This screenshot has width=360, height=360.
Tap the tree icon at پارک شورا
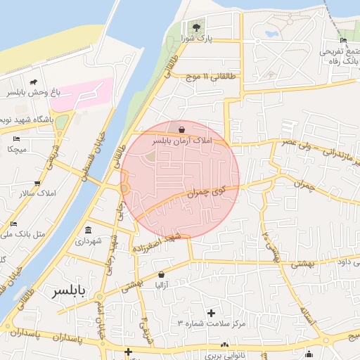[x=197, y=27]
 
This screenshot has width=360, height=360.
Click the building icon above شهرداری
[x=88, y=230]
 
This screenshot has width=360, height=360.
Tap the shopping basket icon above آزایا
[x=161, y=274]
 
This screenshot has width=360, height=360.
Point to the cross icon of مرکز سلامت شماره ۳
[x=211, y=311]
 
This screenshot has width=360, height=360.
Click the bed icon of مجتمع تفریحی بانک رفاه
[x=343, y=40]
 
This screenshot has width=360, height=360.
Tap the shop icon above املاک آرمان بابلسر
[x=182, y=129]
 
